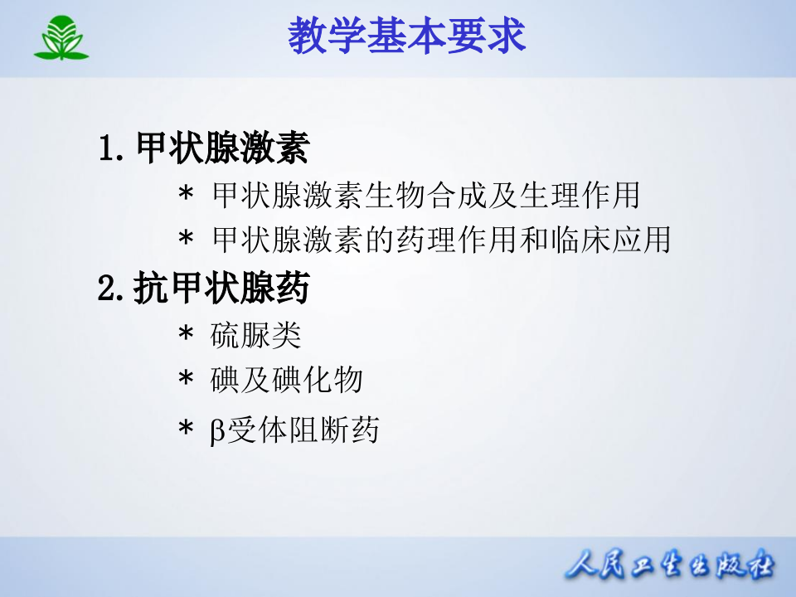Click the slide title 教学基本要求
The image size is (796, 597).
407,37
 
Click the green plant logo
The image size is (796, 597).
61,38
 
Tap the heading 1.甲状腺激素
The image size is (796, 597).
203,150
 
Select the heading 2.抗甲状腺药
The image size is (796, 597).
203,289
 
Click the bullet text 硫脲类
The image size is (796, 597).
256,336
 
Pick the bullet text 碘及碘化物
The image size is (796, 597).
287,381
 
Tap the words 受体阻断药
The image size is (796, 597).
303,430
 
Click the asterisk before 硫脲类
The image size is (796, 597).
186,336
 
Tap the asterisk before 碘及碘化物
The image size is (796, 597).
186,381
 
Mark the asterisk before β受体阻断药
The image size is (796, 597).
186,430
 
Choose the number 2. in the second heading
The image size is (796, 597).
111,290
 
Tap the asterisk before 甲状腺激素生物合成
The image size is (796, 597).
186,196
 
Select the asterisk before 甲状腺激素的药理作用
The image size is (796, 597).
186,240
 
